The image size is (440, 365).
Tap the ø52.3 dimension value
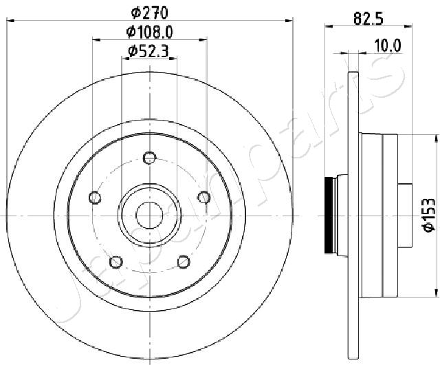tap(149, 50)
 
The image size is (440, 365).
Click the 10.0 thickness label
tap(387, 45)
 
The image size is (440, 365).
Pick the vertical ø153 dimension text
tap(428, 215)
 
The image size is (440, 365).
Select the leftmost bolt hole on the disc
tap(96, 198)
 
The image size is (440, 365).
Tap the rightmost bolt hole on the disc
tap(203, 198)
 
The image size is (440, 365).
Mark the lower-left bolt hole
tap(116, 262)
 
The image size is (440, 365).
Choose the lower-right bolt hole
tap(183, 262)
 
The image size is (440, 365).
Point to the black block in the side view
tap(329, 215)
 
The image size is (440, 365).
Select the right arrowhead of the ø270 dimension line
tap(289, 21)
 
